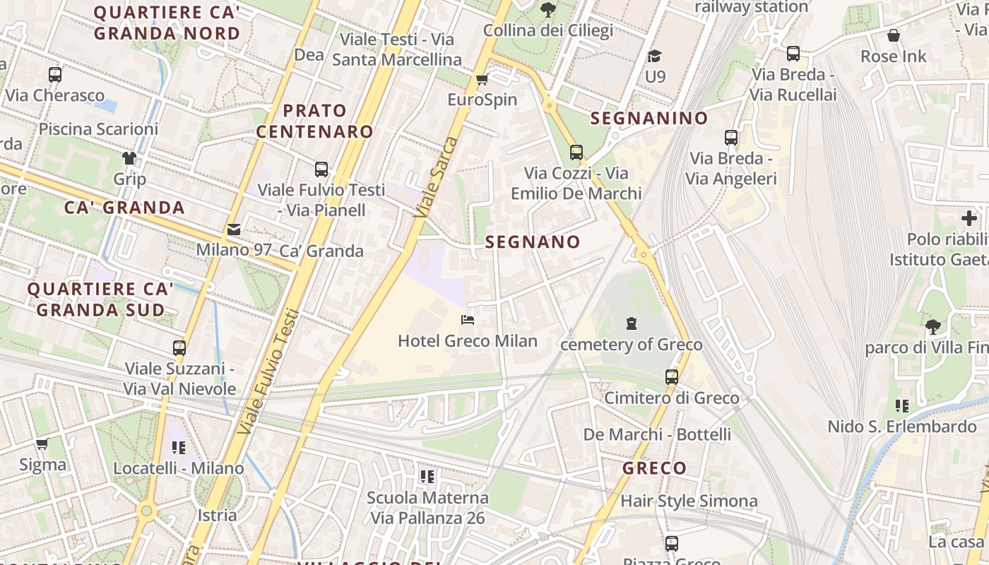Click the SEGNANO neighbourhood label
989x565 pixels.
[533, 242]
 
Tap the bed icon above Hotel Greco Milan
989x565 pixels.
[467, 320]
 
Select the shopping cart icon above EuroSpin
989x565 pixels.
[482, 79]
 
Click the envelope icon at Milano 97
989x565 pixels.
[233, 229]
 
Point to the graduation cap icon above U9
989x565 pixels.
[655, 56]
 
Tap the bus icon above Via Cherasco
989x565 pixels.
[54, 74]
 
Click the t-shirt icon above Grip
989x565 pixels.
[129, 157]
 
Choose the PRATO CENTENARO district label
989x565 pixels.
[314, 121]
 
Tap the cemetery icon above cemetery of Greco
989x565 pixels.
[631, 323]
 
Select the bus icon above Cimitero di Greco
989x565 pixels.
[671, 376]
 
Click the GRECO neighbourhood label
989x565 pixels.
[654, 468]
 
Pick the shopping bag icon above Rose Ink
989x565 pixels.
[893, 35]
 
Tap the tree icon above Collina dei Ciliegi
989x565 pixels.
[547, 10]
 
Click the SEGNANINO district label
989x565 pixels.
[649, 118]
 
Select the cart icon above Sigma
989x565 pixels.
[42, 444]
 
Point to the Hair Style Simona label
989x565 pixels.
[689, 501]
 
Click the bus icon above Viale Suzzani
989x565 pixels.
[179, 347]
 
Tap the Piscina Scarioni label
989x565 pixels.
[98, 129]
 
